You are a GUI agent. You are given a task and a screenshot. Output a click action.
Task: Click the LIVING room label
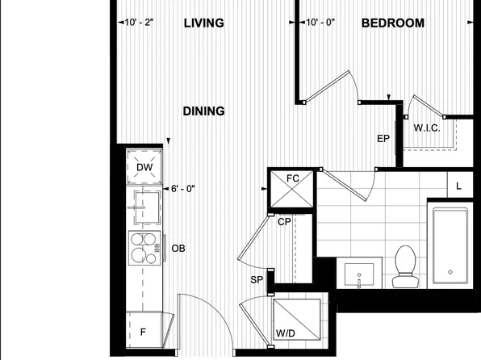pos(203,23)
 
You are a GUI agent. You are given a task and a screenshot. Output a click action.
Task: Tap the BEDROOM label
pos(392,23)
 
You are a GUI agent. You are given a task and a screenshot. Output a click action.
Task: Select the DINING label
pos(203,111)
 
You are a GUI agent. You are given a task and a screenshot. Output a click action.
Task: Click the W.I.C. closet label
pos(426,128)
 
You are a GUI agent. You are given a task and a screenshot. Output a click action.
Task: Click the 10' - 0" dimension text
pos(323,23)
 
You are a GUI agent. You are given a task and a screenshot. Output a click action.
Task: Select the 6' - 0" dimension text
pos(182,189)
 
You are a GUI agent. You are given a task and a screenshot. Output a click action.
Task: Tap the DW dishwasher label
pos(144,168)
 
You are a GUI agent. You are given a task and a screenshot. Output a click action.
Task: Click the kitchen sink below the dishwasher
pos(145,207)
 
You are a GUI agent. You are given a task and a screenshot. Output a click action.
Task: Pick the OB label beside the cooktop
pos(178,249)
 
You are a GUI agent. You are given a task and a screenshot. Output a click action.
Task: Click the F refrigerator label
pos(143,332)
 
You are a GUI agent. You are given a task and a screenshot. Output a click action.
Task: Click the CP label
pos(284,221)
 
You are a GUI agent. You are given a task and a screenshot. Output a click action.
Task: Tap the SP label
pos(257,279)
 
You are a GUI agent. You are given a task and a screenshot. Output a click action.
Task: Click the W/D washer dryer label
pos(284,331)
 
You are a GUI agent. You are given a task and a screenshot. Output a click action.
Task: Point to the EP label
pos(383,139)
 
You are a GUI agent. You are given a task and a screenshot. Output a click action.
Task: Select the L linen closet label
pos(458,186)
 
